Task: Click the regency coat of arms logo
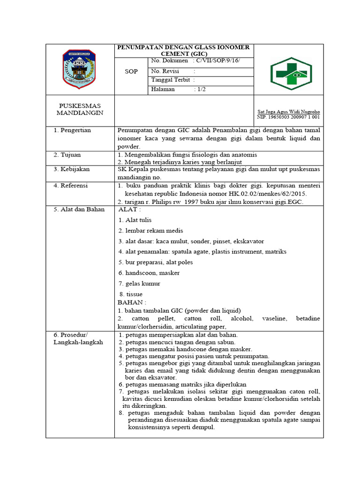pos(79,69)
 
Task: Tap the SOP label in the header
pos(131,72)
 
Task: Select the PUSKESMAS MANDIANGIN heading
pos(80,110)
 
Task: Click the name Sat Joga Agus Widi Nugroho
pos(289,112)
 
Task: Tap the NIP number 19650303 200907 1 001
pos(289,117)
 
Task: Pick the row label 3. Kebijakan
pos(71,169)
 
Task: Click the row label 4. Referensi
pos(71,186)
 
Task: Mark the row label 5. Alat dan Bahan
pos(79,209)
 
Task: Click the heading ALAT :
pos(129,209)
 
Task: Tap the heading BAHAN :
pos(132,302)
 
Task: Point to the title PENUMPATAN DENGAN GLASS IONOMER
pos(183,47)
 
